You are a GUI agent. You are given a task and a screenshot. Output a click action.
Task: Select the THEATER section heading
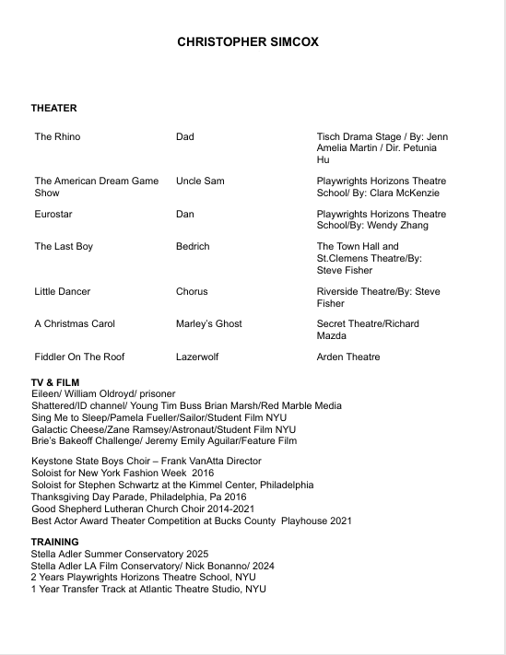[x=53, y=109]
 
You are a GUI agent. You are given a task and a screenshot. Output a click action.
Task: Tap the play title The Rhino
[x=57, y=137]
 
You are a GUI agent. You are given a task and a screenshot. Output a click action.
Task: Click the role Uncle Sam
[x=200, y=181]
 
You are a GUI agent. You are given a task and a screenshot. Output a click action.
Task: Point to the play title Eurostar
[x=53, y=214]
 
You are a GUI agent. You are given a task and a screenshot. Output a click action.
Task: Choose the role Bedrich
[x=193, y=247]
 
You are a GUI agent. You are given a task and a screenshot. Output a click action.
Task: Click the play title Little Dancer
[x=63, y=292]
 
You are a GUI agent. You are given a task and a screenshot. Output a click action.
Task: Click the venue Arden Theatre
[x=348, y=357]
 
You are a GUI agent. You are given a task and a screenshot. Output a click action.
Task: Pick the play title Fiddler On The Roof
[x=79, y=357]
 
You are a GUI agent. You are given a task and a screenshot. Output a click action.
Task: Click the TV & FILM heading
[x=55, y=382]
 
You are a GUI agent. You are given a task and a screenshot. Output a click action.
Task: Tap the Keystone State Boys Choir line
[x=147, y=461]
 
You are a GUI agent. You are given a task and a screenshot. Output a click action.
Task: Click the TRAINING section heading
[x=54, y=542]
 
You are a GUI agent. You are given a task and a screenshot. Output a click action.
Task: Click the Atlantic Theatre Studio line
[x=148, y=590]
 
